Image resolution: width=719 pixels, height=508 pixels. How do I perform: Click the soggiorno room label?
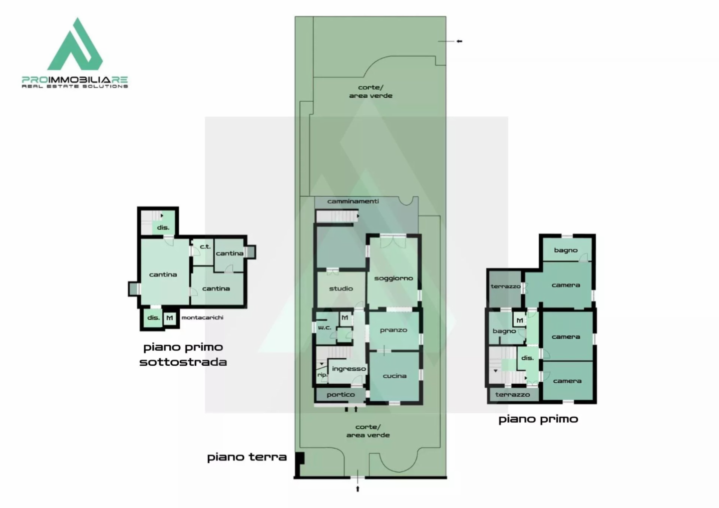[393, 278]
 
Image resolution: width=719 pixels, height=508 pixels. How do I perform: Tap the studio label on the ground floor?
[341, 288]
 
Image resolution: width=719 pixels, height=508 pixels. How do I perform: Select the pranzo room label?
[393, 330]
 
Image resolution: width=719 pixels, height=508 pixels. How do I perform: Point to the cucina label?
[394, 376]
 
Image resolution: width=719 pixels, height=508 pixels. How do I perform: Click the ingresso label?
[349, 369]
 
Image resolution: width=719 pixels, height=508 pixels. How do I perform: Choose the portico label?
[341, 395]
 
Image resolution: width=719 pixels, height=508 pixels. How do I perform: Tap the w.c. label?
[325, 328]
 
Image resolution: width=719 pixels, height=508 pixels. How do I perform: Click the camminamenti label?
[353, 202]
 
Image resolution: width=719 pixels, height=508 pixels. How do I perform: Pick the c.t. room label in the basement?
[205, 247]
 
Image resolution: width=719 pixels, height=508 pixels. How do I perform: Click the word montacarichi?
[202, 317]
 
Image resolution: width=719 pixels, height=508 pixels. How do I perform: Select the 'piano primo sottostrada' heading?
[183, 354]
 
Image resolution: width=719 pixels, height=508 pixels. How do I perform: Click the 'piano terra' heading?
[247, 457]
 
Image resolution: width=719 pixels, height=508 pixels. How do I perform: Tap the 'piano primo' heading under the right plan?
[538, 419]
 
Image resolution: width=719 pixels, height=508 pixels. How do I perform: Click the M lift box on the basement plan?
[170, 318]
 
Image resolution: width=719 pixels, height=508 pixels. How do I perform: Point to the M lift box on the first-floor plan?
[520, 320]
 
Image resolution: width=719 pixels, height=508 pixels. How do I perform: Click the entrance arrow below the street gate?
[358, 489]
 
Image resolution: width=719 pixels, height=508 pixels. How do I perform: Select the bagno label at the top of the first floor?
[566, 251]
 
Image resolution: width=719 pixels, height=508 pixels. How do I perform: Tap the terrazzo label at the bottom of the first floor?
[512, 394]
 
